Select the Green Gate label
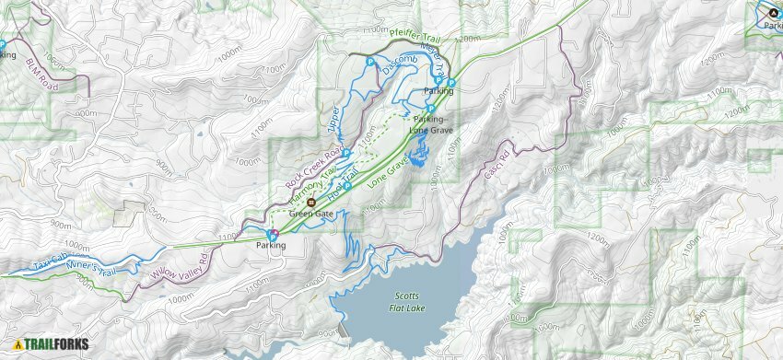(x=310, y=215)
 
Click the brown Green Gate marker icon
(x=311, y=203)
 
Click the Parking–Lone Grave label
(x=429, y=124)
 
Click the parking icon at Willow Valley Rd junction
(x=272, y=234)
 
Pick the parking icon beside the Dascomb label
(x=369, y=62)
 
